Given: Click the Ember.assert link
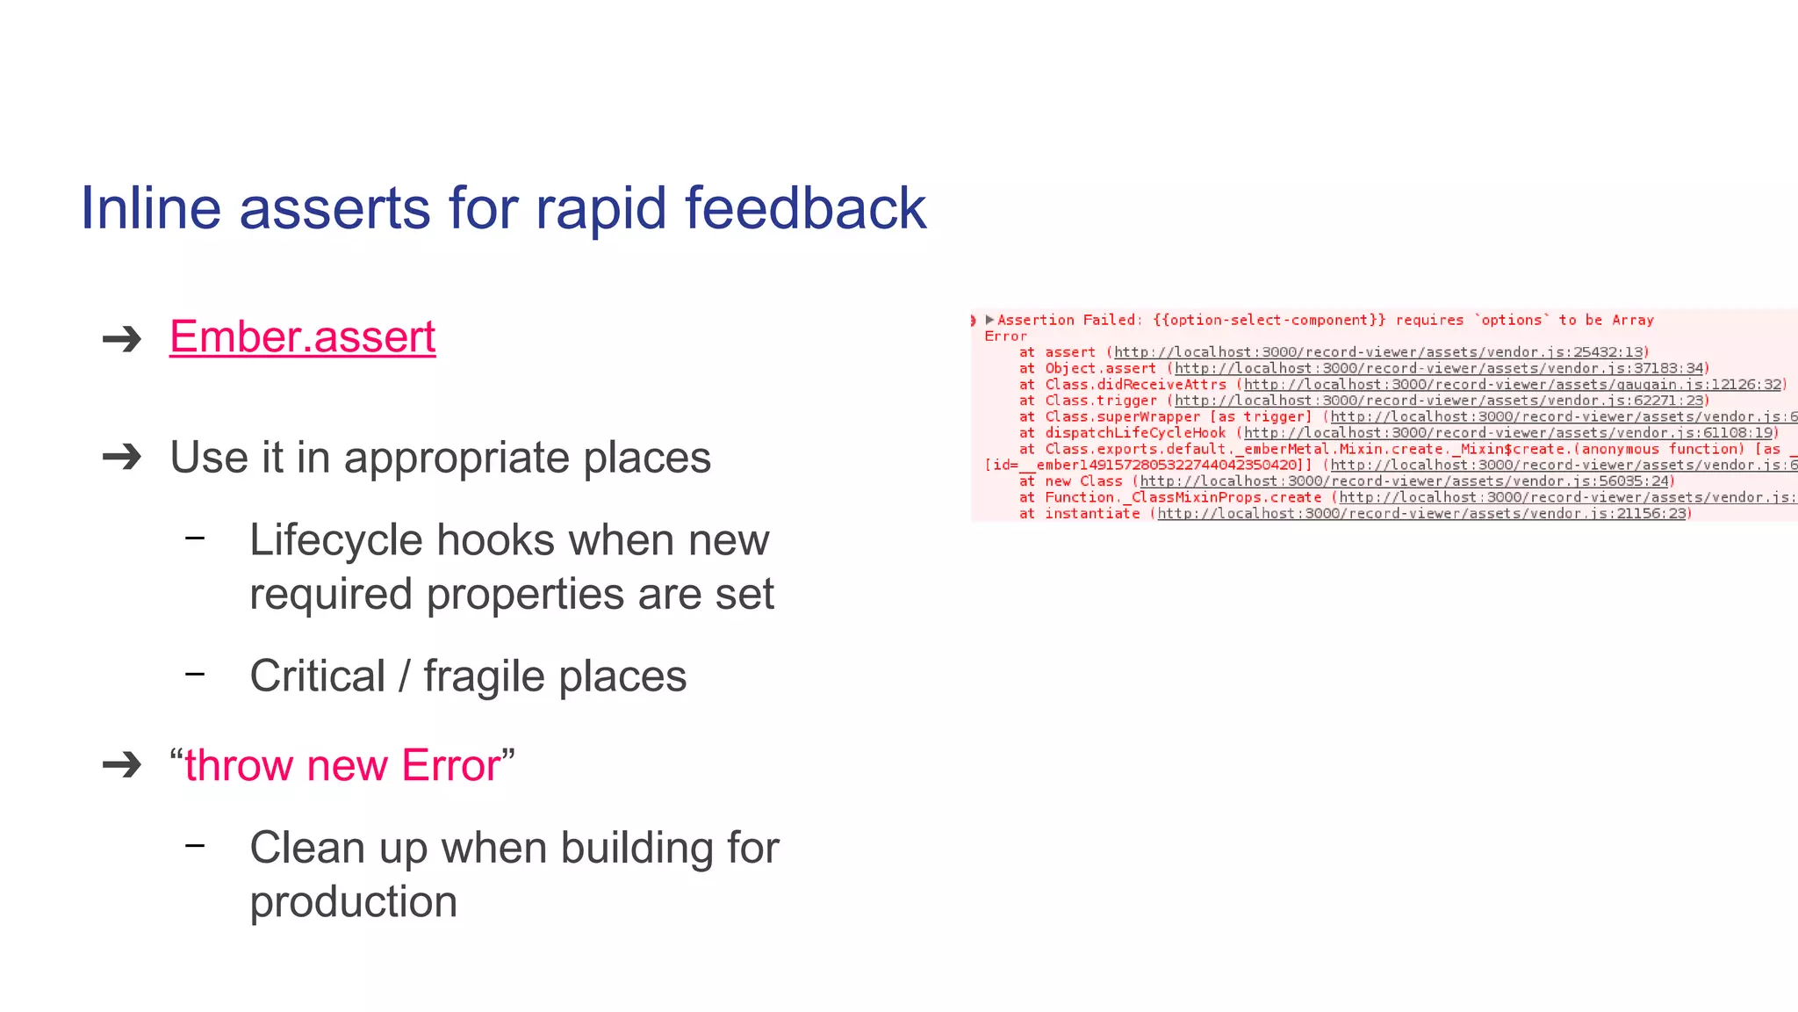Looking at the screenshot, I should click(x=302, y=337).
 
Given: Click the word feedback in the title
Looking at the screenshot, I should click(x=805, y=209).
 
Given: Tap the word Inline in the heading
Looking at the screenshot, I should click(x=150, y=209).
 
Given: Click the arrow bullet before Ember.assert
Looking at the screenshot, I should click(x=122, y=339).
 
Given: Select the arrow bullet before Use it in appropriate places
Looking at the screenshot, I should click(x=122, y=457).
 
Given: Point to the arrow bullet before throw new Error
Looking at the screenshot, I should click(x=122, y=764).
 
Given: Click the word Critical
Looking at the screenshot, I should click(x=317, y=676).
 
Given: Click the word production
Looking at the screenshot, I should click(x=353, y=902).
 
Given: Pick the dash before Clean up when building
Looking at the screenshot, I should click(x=195, y=845).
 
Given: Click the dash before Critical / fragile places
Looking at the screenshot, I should click(x=195, y=674).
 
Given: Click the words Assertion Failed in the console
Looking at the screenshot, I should click(x=1068, y=321).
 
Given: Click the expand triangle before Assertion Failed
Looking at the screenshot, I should click(x=989, y=320).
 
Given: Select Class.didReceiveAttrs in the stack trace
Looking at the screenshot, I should click(x=1135, y=385).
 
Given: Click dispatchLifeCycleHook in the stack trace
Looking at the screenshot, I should click(x=1135, y=433).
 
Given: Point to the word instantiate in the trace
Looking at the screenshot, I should click(x=1092, y=514).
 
